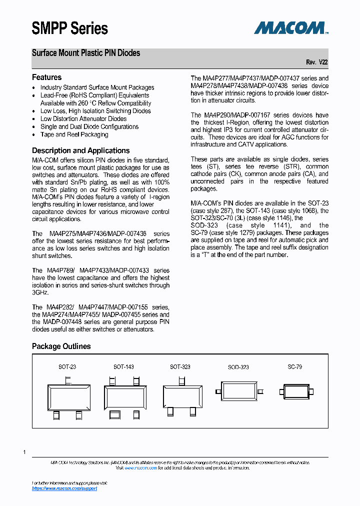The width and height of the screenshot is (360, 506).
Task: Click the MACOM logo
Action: (x=290, y=27)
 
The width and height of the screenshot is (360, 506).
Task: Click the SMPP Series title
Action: (x=69, y=28)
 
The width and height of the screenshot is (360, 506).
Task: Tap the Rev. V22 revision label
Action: (x=317, y=62)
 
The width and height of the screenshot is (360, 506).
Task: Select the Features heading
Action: (x=46, y=77)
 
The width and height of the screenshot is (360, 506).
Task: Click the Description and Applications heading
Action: (x=80, y=150)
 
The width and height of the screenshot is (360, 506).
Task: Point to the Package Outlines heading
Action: (x=61, y=346)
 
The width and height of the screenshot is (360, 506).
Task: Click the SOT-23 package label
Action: (x=67, y=367)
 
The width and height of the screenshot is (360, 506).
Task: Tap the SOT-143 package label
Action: (x=123, y=367)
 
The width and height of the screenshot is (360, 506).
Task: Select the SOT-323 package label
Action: (x=180, y=367)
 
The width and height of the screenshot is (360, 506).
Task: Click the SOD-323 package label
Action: (x=238, y=367)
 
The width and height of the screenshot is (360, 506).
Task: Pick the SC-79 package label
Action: (x=295, y=367)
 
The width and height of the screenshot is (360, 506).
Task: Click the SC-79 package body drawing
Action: (x=295, y=391)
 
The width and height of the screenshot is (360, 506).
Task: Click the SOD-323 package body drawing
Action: (x=238, y=391)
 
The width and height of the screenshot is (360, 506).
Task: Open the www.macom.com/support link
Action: (x=64, y=488)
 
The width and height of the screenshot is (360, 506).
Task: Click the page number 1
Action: (x=24, y=452)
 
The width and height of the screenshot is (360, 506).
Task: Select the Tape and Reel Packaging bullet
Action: (x=74, y=134)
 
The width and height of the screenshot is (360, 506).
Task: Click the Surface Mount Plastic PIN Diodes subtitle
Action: (x=86, y=53)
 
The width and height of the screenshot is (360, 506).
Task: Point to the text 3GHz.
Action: (x=40, y=292)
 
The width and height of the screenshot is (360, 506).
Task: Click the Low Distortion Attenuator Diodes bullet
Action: (x=83, y=119)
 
